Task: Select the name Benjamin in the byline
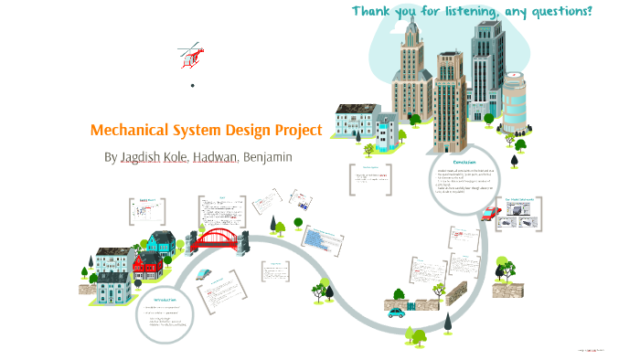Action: pyautogui.click(x=267, y=156)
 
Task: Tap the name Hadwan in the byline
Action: pyautogui.click(x=216, y=156)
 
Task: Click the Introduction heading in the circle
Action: pyautogui.click(x=165, y=298)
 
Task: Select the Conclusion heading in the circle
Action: pyautogui.click(x=464, y=162)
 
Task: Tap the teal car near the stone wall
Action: pyautogui.click(x=397, y=312)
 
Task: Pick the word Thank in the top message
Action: pyautogui.click(x=374, y=11)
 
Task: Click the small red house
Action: pyautogui.click(x=147, y=265)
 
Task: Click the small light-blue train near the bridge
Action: pyautogui.click(x=204, y=273)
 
